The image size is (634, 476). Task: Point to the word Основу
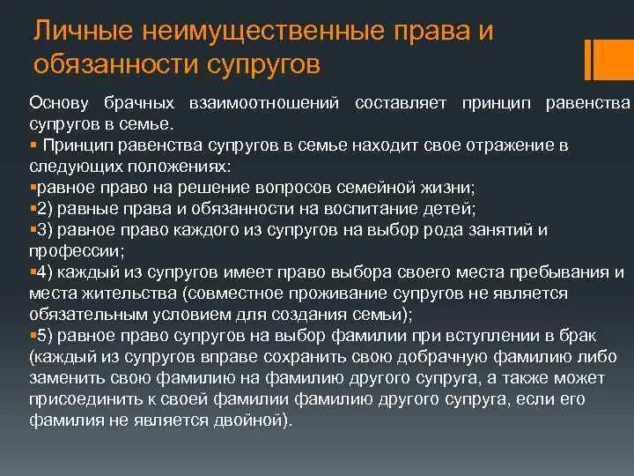59,104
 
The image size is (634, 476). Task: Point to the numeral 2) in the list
43,209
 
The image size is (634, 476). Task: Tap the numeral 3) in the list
43,230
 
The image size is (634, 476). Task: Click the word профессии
66,250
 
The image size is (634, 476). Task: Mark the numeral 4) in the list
43,271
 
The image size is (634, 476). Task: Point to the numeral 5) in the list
43,335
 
